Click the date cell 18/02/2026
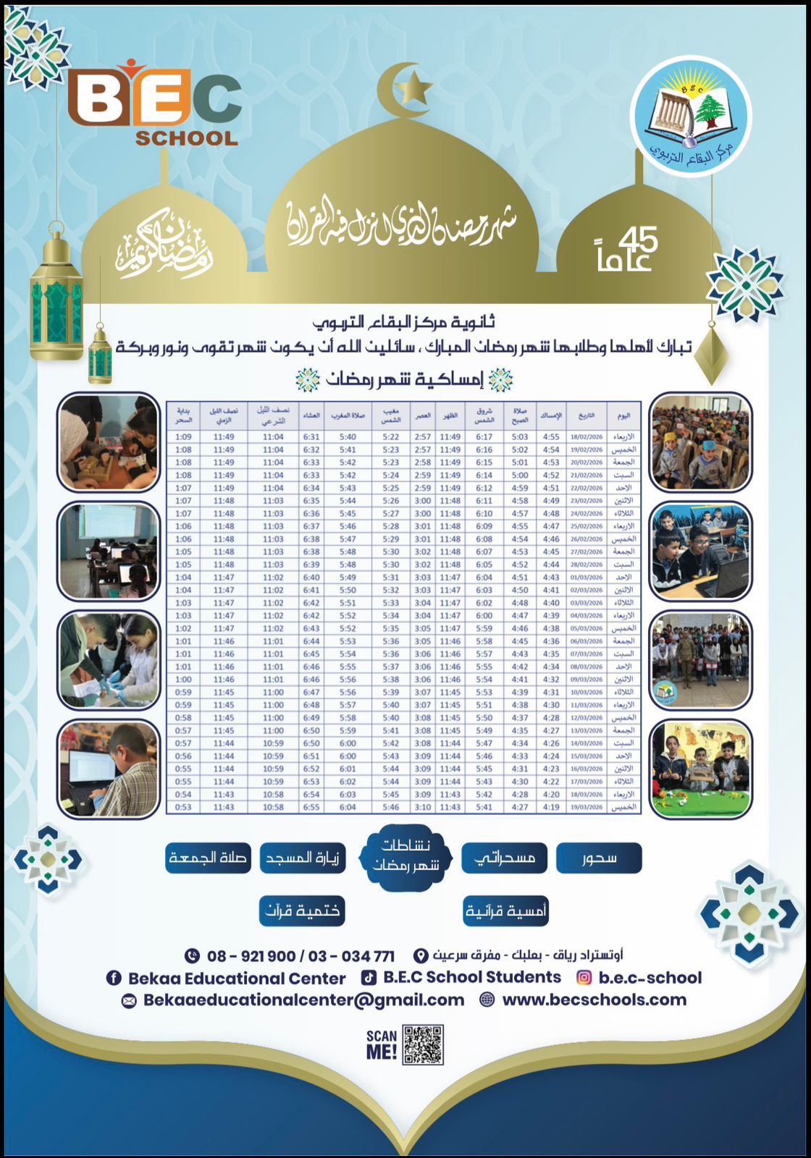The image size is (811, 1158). [587, 437]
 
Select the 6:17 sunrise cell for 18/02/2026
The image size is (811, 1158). [484, 437]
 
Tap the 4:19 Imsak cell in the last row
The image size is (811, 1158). [551, 807]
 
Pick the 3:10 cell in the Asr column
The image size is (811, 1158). [423, 807]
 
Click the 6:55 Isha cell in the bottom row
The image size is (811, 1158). [311, 807]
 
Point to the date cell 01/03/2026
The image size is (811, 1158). [587, 578]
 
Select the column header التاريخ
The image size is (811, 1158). [587, 415]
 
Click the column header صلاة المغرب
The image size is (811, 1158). [348, 415]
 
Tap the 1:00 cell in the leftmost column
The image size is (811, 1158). [183, 680]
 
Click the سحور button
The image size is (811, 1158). [599, 858]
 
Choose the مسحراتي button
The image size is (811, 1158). [505, 858]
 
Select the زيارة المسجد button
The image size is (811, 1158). [302, 858]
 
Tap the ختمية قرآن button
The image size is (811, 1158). [302, 910]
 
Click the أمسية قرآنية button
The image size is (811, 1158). [505, 910]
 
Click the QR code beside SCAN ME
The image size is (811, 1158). [423, 1044]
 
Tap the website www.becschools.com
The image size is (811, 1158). [594, 1000]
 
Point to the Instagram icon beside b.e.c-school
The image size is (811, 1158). [584, 978]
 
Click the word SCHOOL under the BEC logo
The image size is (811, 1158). [187, 138]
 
